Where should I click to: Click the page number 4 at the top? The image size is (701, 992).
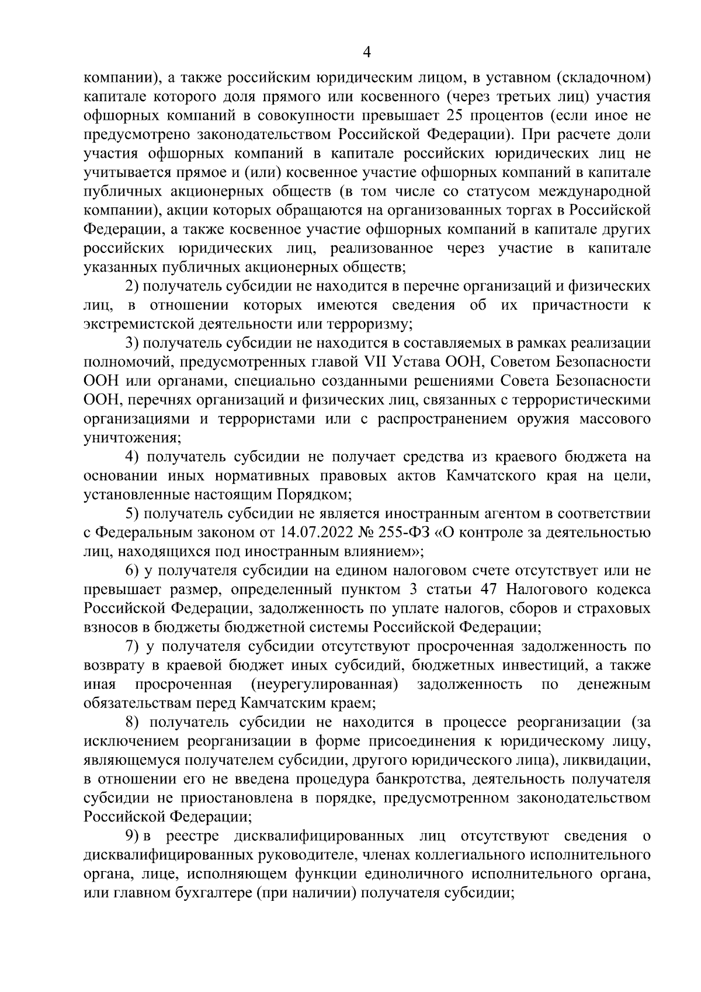pyautogui.click(x=367, y=53)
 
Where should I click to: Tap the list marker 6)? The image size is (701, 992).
pyautogui.click(x=136, y=571)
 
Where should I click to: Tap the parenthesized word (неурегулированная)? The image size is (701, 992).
pyautogui.click(x=324, y=685)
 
